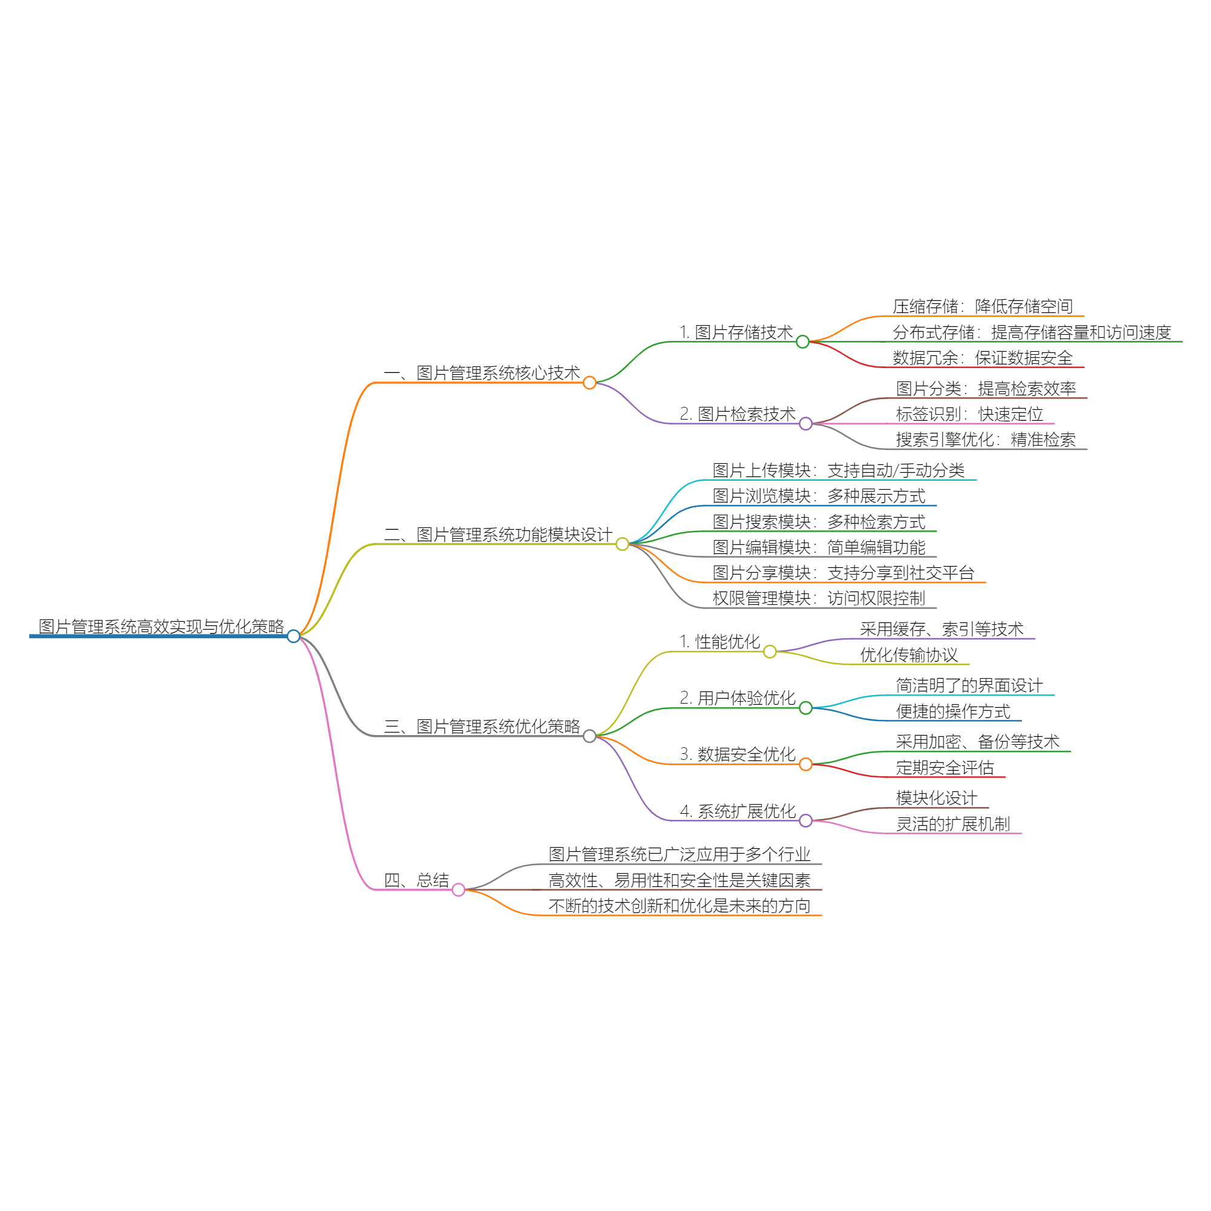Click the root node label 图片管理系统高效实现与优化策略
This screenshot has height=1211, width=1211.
pos(161,626)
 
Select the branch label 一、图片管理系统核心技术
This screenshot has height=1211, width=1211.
pos(481,373)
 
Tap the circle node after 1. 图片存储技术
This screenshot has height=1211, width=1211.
pos(802,342)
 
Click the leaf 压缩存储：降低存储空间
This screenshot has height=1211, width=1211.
pos(982,306)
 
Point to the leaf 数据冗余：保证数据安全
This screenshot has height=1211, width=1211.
pos(982,358)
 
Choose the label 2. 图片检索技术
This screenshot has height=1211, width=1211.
pos(737,414)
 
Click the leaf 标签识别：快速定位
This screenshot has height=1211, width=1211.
pos(969,414)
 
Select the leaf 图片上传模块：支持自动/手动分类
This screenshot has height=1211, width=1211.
pos(838,470)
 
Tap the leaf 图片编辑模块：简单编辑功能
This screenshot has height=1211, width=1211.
pos(819,547)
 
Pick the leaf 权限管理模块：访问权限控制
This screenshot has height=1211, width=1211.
pos(819,598)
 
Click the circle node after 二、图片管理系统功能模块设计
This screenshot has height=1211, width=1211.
pos(622,544)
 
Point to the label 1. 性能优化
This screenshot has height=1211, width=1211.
pos(719,641)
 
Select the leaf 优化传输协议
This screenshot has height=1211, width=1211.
pos(908,655)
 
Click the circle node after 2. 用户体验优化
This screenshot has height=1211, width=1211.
pos(805,708)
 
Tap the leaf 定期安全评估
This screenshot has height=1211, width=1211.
pos(945,767)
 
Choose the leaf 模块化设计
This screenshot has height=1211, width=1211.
pos(936,798)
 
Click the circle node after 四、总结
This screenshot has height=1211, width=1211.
pos(458,889)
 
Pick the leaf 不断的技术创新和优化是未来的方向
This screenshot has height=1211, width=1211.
pos(679,906)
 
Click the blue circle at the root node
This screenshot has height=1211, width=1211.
pos(293,636)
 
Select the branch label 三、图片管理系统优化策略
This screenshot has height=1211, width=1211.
pos(481,727)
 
